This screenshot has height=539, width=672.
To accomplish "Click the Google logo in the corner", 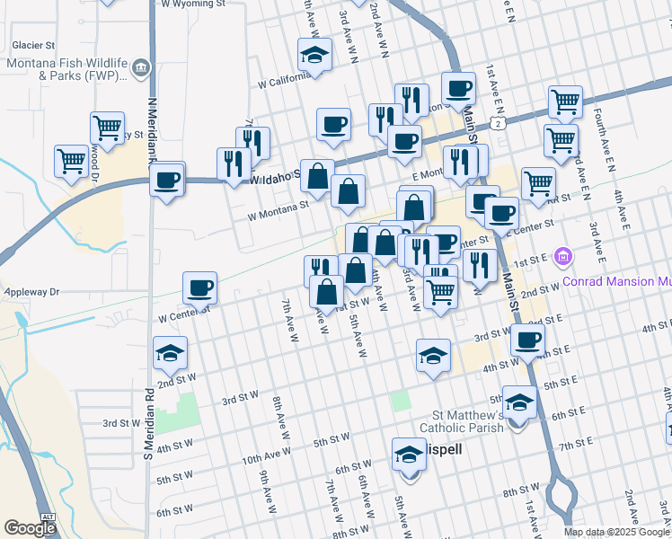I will (x=30, y=529).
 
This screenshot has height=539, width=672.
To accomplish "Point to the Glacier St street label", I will (x=33, y=44).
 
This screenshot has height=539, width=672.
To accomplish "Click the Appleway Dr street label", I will (x=31, y=292).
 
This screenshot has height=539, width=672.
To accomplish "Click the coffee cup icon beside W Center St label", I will (x=199, y=287).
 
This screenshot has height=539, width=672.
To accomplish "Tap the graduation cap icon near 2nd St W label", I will (x=170, y=353).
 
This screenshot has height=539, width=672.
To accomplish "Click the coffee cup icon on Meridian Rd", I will (x=167, y=179).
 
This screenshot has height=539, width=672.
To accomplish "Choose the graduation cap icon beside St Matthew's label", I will (x=518, y=402).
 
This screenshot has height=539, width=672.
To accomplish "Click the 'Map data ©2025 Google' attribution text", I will (x=616, y=532).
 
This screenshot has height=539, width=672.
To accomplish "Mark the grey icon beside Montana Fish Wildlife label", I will (x=141, y=68).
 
